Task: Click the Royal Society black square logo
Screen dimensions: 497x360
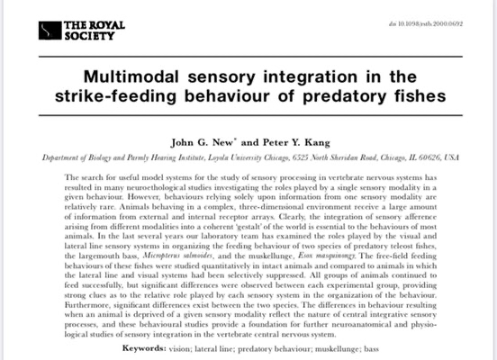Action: pos(50,31)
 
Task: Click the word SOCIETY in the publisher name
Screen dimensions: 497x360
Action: pos(89,36)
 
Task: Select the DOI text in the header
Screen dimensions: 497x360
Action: pos(426,23)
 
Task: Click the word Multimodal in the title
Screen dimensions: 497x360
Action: pos(131,76)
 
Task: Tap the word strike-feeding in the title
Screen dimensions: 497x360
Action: pos(115,96)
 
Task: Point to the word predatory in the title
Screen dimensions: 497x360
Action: pos(345,96)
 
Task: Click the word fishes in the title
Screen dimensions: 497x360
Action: pos(420,95)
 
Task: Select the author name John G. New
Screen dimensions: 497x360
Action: pos(202,142)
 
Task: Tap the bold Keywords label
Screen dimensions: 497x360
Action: pos(144,348)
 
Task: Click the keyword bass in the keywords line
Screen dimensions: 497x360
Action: pos(372,349)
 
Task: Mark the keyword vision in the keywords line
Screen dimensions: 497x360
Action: pos(180,349)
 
